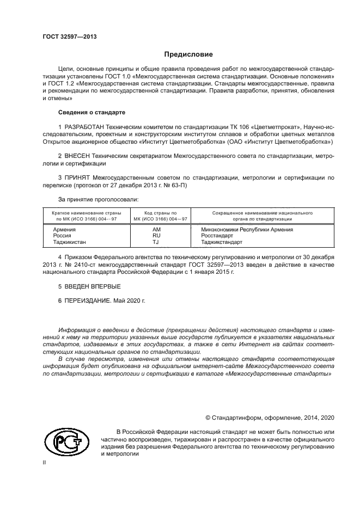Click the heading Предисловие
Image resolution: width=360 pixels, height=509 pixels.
coord(189,54)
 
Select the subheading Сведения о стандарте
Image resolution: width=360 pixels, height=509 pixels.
coord(91,112)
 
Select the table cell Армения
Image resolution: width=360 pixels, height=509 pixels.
coord(64,230)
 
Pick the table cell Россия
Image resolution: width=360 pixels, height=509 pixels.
coord(62,236)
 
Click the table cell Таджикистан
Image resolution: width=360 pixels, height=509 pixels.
coord(69,243)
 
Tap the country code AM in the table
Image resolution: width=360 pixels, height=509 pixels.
coord(157,230)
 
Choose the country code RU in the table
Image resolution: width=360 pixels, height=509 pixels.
coord(157,236)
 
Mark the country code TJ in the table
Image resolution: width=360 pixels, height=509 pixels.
coord(156,243)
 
